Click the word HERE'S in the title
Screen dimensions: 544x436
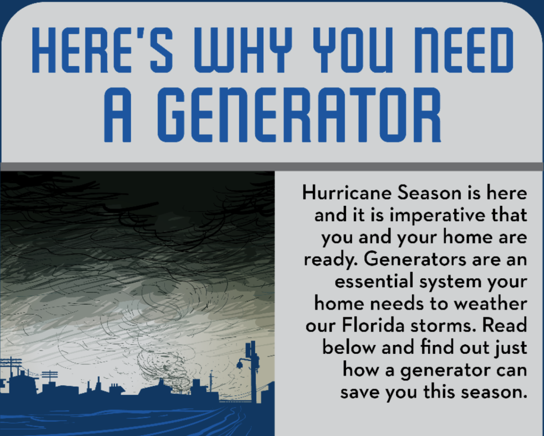pos(102,50)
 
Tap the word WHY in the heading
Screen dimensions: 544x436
pos(243,50)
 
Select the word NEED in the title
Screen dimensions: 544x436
pos(463,50)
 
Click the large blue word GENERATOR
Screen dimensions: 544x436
pos(299,115)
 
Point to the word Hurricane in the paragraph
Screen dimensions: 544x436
pos(347,193)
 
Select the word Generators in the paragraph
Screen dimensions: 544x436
pos(415,260)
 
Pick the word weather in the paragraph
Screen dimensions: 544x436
pos(491,304)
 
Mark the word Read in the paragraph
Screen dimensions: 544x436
pos(505,325)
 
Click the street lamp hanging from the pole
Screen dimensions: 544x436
pos(240,365)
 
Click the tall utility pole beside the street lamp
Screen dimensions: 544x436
pos(253,372)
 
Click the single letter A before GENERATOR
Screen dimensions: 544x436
pos(118,115)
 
